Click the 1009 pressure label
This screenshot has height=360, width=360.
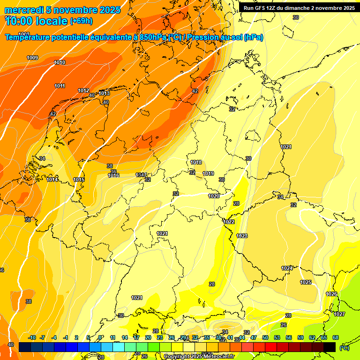pyautogui.click(x=32, y=58)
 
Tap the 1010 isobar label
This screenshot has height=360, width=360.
pyautogui.click(x=60, y=62)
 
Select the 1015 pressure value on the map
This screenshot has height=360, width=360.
pyautogui.click(x=79, y=180)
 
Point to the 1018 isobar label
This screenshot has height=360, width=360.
pyautogui.click(x=196, y=163)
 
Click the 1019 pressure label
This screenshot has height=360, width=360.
pyautogui.click(x=208, y=174)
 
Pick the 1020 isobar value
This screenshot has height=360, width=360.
pyautogui.click(x=214, y=196)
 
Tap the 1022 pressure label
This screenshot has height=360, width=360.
pyautogui.click(x=229, y=222)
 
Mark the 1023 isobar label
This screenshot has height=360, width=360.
pyautogui.click(x=242, y=236)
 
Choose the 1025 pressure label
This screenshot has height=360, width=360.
pyautogui.click(x=306, y=282)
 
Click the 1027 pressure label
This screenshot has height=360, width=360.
pyautogui.click(x=339, y=314)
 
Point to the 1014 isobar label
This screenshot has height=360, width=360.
pyautogui.click(x=52, y=180)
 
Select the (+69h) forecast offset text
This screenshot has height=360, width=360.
pyautogui.click(x=81, y=21)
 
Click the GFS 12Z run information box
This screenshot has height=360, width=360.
pyautogui.click(x=299, y=8)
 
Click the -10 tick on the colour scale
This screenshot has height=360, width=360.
pyautogui.click(x=32, y=337)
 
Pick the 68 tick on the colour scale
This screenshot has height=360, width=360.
pyautogui.click(x=335, y=337)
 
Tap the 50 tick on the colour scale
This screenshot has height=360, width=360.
pyautogui.click(x=265, y=337)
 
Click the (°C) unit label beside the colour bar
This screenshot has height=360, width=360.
pyautogui.click(x=345, y=347)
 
